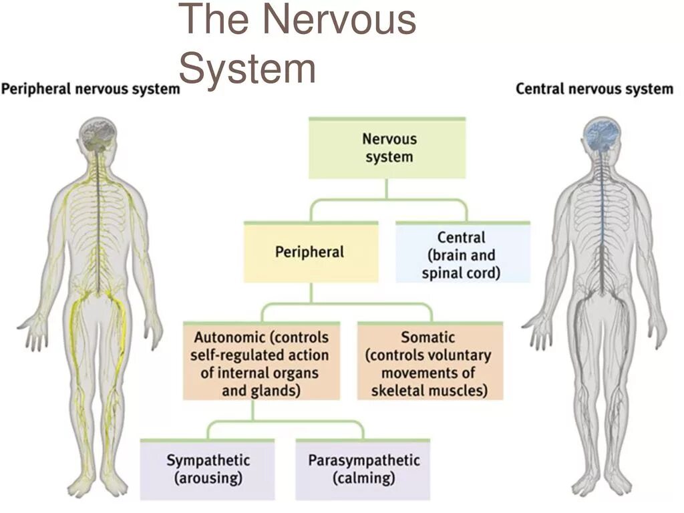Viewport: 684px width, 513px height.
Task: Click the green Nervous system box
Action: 387,148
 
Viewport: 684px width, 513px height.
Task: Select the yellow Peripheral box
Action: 311,252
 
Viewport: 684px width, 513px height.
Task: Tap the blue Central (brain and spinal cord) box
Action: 462,254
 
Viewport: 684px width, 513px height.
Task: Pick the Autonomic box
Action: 261,363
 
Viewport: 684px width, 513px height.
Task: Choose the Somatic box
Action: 429,363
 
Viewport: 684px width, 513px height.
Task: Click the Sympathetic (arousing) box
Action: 208,469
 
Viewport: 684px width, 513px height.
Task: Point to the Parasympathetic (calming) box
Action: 363,469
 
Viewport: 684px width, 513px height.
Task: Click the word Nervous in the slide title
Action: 339,20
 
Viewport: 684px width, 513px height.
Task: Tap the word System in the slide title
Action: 248,68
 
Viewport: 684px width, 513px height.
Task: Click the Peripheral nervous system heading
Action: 90,88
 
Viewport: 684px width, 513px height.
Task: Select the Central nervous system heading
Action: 594,88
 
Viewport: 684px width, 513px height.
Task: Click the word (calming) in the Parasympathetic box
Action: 363,478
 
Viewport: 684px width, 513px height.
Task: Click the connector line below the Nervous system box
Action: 387,190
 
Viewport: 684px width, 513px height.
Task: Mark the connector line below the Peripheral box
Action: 311,293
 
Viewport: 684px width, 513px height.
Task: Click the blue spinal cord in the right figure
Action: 603,220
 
